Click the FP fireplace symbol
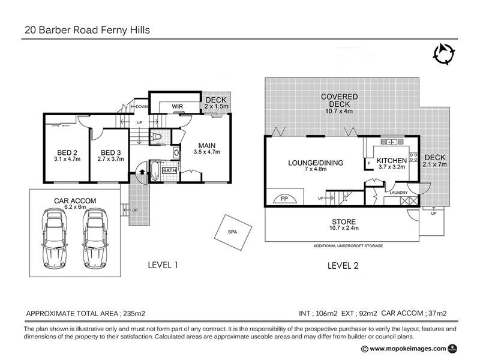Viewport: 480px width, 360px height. pyautogui.click(x=284, y=199)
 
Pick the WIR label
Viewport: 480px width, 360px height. pyautogui.click(x=177, y=107)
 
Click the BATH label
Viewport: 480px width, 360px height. pyautogui.click(x=169, y=170)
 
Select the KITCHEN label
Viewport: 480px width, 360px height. pyautogui.click(x=391, y=161)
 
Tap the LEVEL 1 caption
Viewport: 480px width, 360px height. pyautogui.click(x=163, y=265)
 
